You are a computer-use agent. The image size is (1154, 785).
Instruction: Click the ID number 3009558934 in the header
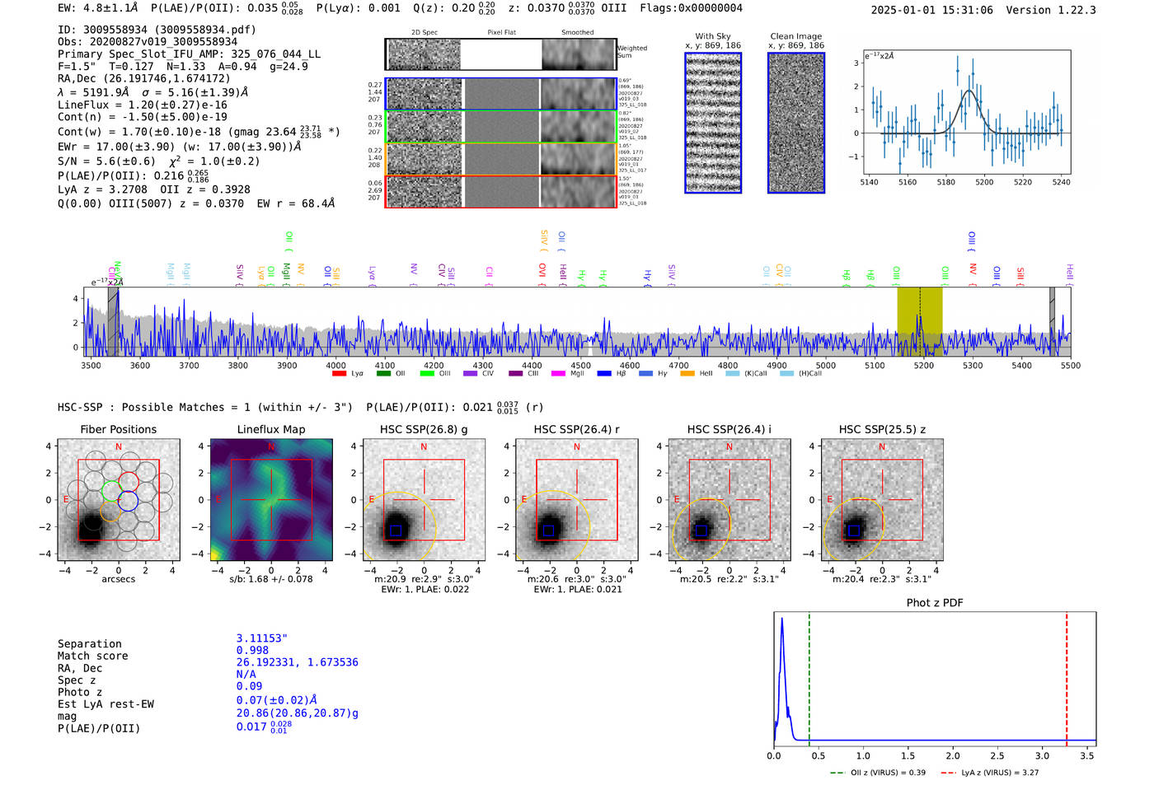tap(115, 30)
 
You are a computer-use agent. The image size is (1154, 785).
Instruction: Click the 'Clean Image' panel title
tap(795, 36)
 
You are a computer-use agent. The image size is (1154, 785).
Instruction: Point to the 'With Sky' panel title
tap(713, 36)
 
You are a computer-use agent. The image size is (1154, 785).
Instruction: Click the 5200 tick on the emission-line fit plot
tap(984, 182)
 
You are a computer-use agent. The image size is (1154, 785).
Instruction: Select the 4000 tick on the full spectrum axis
tap(335, 366)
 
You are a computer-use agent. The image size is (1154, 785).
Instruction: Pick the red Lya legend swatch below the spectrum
tap(339, 374)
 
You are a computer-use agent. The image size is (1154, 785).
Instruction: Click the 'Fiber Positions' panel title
tap(118, 429)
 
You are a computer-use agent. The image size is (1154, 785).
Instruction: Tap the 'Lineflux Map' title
tap(270, 429)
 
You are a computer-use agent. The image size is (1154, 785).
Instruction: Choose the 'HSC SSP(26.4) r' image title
tap(576, 429)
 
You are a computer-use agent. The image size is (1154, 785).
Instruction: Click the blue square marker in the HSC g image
tap(396, 531)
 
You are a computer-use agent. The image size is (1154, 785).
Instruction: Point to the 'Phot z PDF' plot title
tap(935, 603)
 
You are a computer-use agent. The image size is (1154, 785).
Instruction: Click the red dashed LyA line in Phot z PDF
tap(1067, 675)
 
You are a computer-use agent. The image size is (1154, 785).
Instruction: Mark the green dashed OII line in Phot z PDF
tap(809, 675)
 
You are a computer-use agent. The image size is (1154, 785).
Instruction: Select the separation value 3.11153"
tap(261, 638)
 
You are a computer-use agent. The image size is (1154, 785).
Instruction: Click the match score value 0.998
tap(252, 651)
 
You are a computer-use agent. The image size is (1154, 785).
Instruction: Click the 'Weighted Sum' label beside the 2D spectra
tap(632, 51)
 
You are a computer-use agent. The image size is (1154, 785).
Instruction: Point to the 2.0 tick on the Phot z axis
tap(953, 755)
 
